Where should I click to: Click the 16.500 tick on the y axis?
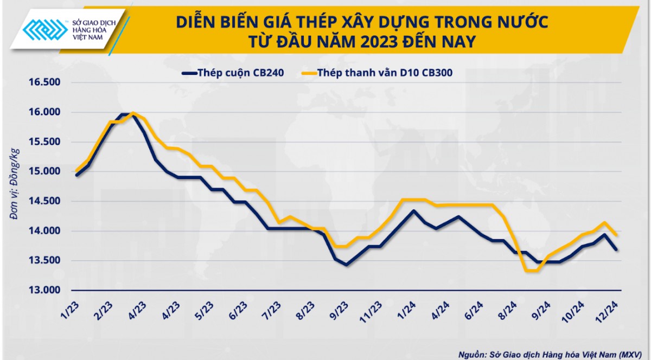[42, 82]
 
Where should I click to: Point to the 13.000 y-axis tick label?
[42, 290]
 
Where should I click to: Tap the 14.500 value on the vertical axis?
[42, 201]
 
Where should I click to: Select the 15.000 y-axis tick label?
[42, 171]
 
